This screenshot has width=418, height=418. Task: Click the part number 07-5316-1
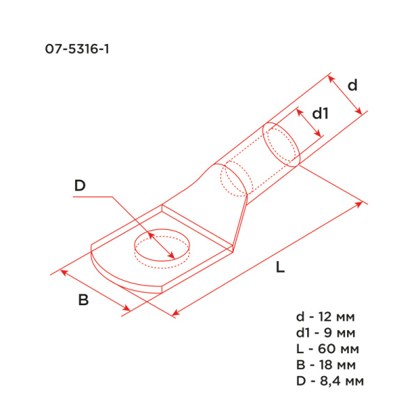[76, 50]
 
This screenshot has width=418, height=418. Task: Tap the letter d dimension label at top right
[353, 86]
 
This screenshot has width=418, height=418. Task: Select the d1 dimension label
[319, 114]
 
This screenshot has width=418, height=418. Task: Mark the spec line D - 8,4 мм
[330, 380]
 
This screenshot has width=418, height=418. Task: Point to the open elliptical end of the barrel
[282, 144]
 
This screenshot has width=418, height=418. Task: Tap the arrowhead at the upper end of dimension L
[360, 203]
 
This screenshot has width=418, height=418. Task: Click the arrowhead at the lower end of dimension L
[174, 315]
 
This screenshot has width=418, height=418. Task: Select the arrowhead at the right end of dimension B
[127, 308]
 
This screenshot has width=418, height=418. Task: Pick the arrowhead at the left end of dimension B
[63, 272]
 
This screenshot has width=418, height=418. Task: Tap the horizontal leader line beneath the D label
[91, 198]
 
